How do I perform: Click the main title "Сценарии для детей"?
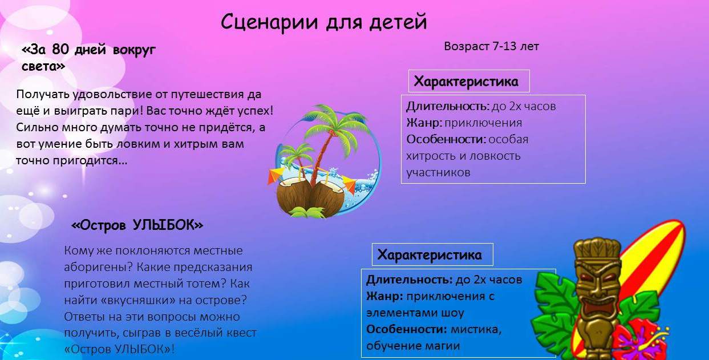tap(323, 23)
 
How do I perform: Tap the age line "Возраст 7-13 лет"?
tap(491, 47)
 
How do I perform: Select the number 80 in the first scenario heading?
tap(60, 50)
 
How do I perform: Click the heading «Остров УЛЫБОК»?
tap(137, 225)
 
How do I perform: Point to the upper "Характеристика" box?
tap(469, 81)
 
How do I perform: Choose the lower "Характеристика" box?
tap(432, 254)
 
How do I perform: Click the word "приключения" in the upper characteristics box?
tap(483, 123)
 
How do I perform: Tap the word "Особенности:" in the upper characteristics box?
tap(446, 139)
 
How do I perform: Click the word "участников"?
tap(439, 172)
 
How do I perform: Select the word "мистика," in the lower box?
tap(476, 330)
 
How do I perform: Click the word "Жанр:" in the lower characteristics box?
tap(384, 296)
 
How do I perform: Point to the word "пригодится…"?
tap(90, 161)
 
